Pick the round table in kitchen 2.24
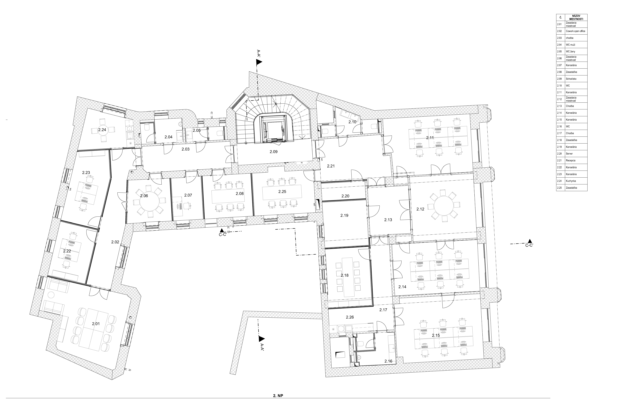point(102,130)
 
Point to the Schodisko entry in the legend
point(571,79)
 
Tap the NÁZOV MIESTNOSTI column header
point(576,17)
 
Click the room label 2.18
point(345,275)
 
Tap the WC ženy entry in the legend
point(571,51)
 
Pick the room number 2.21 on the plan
point(331,166)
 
